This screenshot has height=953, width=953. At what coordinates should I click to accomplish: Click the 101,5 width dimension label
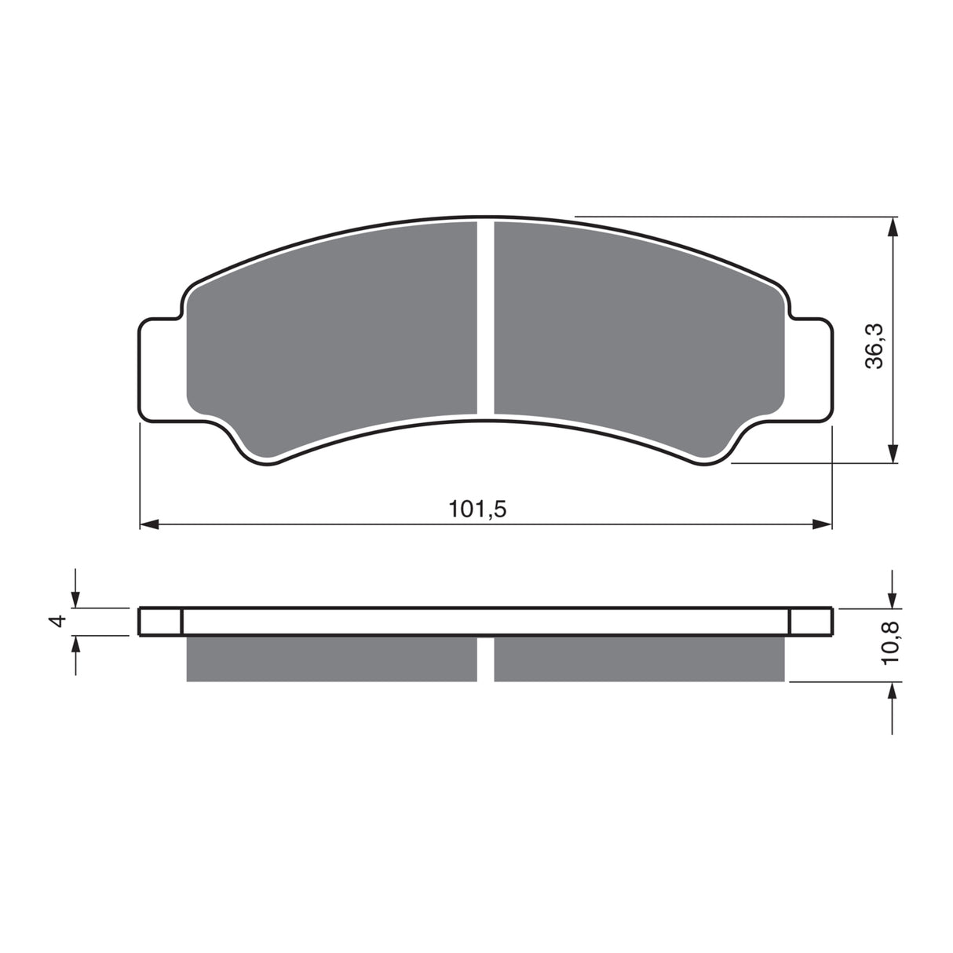coord(477,509)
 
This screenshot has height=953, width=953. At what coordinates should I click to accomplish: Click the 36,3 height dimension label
coord(874,345)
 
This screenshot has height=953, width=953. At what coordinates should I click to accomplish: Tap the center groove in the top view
coord(485,318)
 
